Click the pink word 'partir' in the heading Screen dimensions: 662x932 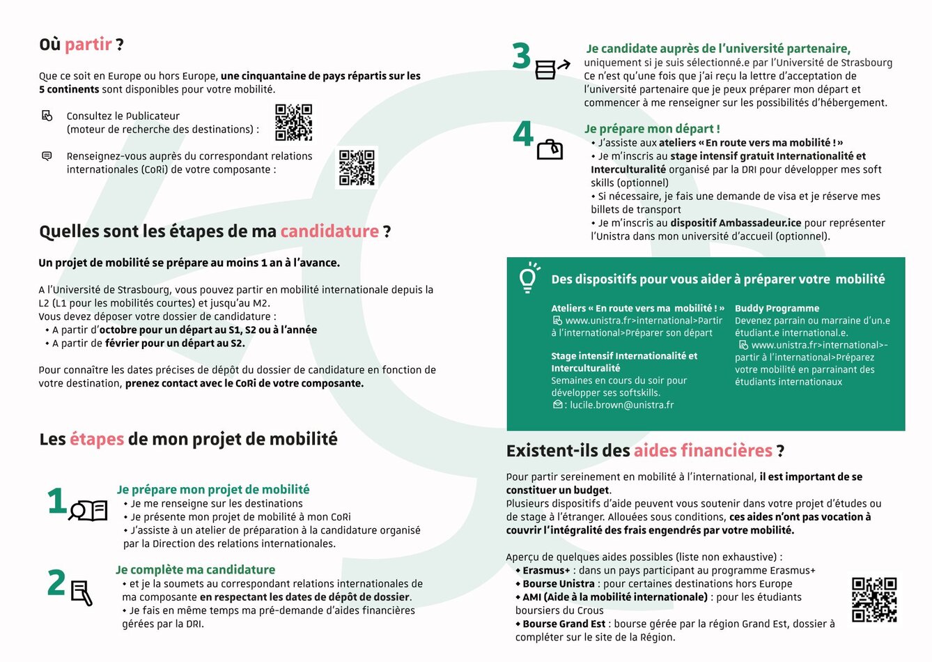coord(88,45)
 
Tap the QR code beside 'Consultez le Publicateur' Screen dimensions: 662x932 coord(293,123)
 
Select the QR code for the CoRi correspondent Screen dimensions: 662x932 coord(357,167)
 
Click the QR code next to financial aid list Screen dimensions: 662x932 coord(874,599)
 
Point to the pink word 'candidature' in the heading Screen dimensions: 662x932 coord(329,231)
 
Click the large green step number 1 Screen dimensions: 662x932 coord(56,502)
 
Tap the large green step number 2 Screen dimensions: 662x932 coord(56,583)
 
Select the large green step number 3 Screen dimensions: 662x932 coord(521,57)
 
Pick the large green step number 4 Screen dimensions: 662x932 coord(522,134)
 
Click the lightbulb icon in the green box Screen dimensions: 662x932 coord(529,277)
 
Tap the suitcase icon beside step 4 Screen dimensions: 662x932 coord(550,149)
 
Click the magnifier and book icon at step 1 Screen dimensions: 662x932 coord(88,511)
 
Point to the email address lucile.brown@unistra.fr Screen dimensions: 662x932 coord(621,405)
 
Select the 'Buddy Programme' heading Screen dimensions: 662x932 coord(777,308)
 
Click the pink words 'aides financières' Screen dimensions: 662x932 coord(703,451)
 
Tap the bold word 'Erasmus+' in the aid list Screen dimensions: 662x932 coord(546,570)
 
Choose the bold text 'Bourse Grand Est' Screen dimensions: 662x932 coord(564,624)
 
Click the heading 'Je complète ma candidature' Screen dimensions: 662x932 coord(196,570)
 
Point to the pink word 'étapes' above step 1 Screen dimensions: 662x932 coord(97,439)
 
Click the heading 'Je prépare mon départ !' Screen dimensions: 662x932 coord(652,129)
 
